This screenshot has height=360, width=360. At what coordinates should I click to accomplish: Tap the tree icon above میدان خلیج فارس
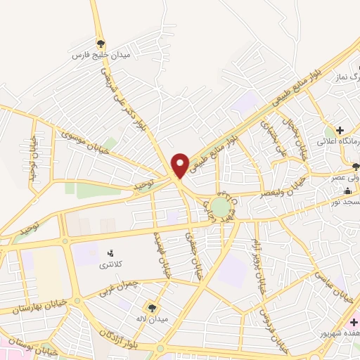pyautogui.click(x=101, y=43)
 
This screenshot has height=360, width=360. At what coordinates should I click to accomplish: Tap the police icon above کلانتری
pyautogui.click(x=110, y=253)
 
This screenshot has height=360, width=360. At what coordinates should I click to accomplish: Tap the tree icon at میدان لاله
pyautogui.click(x=150, y=307)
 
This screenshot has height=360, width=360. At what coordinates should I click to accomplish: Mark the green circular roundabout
pyautogui.click(x=220, y=207)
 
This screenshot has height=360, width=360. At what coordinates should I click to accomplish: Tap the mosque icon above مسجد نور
pyautogui.click(x=349, y=191)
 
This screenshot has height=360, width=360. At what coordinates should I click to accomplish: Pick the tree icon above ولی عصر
pyautogui.click(x=356, y=167)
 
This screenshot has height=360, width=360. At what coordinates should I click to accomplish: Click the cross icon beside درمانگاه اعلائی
pyautogui.click(x=340, y=131)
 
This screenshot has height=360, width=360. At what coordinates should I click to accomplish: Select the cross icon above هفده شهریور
pyautogui.click(x=354, y=321)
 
